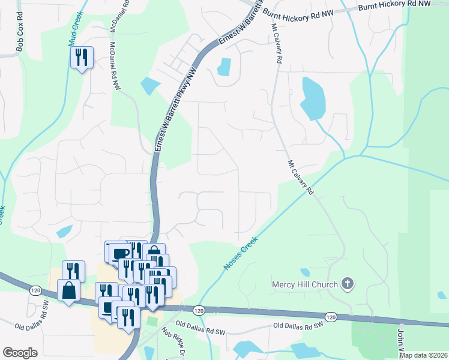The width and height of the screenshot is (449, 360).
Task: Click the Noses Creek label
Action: (241, 252)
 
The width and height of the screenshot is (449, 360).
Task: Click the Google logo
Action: (20, 352)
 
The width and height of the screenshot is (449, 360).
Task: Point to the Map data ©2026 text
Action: (423, 355)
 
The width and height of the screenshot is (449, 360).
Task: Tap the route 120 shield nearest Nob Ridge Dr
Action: (199, 310)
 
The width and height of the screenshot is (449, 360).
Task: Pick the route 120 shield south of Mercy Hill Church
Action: (331, 316)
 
